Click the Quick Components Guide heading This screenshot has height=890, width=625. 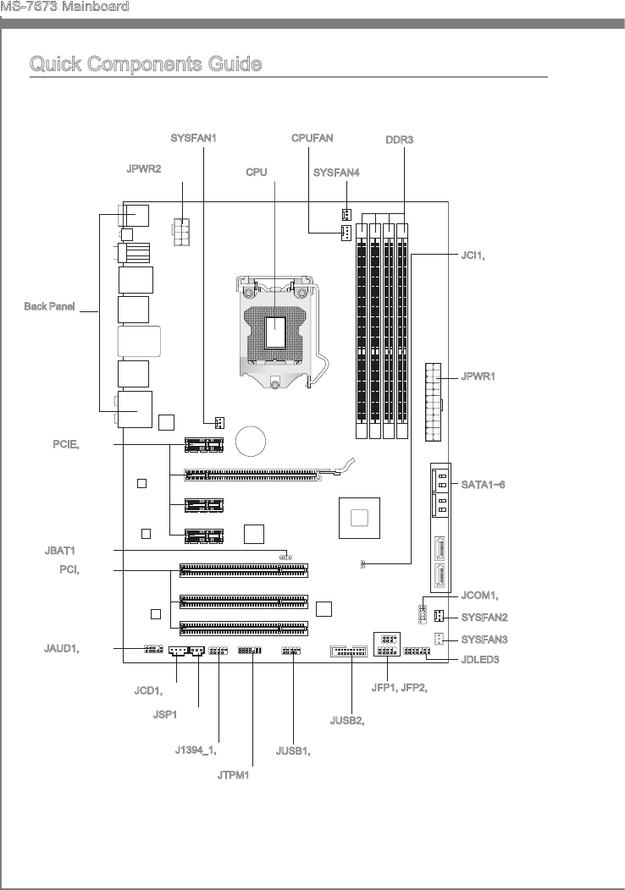tap(146, 63)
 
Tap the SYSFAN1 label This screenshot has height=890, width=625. tap(193, 138)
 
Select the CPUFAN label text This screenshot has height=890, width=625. tap(312, 138)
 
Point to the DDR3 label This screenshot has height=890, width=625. tap(400, 140)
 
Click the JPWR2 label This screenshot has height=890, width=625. tap(144, 168)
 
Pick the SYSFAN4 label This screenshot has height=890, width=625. tap(336, 173)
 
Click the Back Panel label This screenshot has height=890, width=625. tap(49, 306)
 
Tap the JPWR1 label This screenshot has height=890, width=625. tap(478, 376)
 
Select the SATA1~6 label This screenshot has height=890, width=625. tap(483, 485)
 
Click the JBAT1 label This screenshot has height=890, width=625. tap(59, 551)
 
